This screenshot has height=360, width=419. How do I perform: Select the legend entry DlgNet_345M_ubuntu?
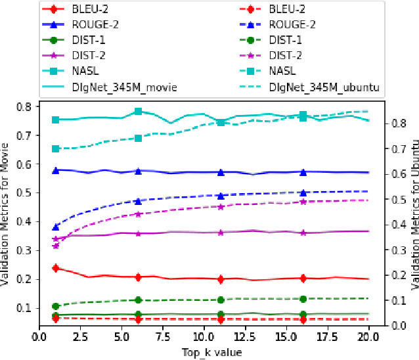[x=328, y=86]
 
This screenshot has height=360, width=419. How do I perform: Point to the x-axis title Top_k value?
[x=211, y=353]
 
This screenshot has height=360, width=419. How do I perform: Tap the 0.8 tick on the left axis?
[x=24, y=106]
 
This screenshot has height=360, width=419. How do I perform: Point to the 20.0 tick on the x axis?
[x=368, y=337]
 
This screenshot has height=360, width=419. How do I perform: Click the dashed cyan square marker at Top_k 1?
[x=56, y=149]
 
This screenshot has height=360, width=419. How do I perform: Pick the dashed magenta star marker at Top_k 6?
[x=138, y=214]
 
